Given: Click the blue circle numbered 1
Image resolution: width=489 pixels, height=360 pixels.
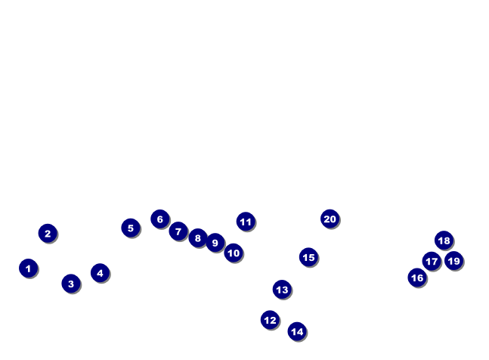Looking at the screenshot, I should (28, 268).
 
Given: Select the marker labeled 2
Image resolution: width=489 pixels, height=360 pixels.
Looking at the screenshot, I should (48, 233).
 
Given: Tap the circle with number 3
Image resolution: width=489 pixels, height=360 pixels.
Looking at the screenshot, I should (71, 284).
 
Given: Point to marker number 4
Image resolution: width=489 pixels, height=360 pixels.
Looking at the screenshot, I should (100, 272).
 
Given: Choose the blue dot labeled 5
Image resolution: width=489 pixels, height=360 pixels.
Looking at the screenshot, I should (131, 228).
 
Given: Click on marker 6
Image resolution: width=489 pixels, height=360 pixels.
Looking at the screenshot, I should (159, 219).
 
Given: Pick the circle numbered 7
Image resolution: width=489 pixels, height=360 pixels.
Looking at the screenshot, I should (178, 231).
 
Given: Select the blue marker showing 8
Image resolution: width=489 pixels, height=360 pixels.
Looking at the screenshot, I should (198, 238).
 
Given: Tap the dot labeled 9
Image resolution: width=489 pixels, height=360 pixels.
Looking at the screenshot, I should (215, 243).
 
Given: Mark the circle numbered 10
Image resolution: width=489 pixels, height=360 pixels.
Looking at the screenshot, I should (234, 253).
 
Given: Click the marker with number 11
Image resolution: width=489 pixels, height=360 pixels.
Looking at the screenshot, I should (246, 222).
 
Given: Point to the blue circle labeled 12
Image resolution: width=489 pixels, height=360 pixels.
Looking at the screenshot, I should (270, 320).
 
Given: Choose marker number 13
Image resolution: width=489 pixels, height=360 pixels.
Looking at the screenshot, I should (282, 289).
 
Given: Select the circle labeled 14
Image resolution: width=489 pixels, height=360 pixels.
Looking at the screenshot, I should (297, 331).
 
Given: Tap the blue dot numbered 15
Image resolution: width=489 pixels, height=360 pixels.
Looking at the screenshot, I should (308, 257).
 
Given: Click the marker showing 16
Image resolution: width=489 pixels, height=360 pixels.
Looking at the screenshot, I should (417, 278).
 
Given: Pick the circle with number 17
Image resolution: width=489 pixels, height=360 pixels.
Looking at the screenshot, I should (432, 262).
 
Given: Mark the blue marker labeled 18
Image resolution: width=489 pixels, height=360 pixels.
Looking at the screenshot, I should (444, 241).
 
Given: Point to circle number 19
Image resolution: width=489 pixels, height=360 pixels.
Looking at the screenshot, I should (453, 261).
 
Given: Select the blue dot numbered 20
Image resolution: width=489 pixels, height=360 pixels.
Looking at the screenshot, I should (330, 219).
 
